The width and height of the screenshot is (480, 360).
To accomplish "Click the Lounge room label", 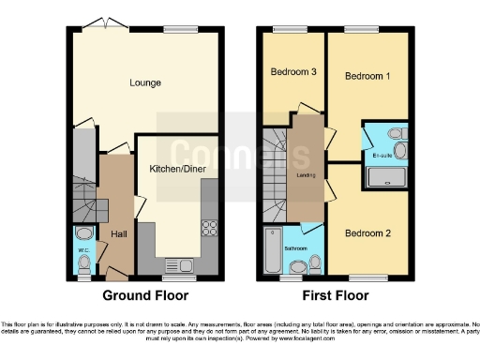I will pos(145,82).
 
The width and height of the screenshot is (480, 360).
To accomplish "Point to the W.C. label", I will pos(82,250).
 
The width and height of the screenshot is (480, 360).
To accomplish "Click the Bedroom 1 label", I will pos(367,75).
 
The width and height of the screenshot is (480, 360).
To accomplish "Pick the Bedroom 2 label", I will pos(367,232).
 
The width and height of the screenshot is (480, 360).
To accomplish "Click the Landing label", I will pos(306,174).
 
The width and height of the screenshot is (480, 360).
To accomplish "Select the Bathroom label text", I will pos(297,247).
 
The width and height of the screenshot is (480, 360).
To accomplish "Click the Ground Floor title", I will pos(144,295).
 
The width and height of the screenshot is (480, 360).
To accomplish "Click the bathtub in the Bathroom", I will pos(274,249).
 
